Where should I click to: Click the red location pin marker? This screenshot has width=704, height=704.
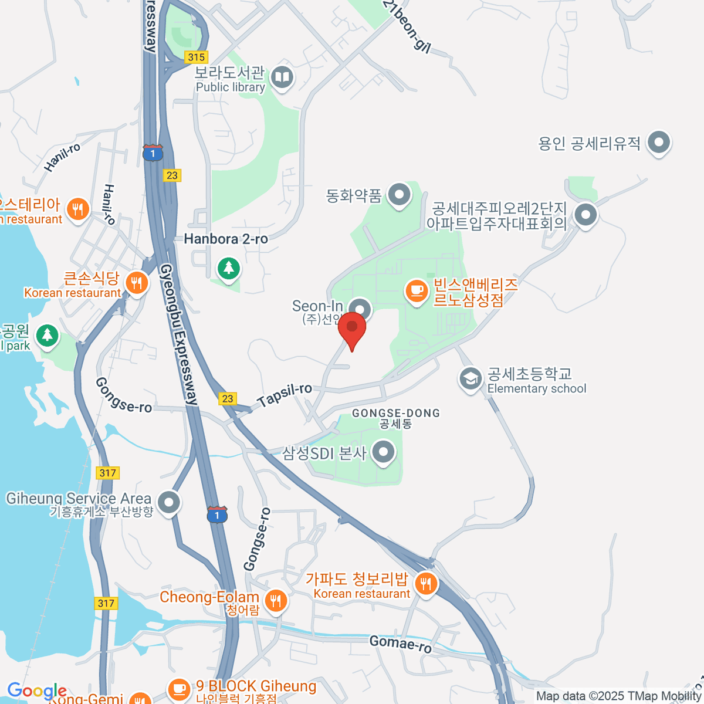(352, 328)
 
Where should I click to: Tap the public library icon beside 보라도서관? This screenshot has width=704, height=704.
(282, 77)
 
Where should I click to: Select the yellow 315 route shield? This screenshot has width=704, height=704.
(196, 57)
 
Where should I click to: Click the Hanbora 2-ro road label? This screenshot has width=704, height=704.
(226, 239)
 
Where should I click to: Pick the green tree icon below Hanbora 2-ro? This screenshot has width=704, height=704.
(228, 269)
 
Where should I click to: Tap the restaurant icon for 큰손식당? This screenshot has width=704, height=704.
(136, 283)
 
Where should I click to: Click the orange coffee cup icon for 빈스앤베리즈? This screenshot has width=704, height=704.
(417, 290)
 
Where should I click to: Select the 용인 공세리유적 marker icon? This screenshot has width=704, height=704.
(659, 142)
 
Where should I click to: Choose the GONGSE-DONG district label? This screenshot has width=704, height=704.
(395, 413)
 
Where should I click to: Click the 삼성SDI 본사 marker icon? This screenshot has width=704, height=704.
(384, 452)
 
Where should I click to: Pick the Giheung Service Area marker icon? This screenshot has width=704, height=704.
(169, 502)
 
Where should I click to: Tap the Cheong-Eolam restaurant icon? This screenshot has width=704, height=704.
(275, 600)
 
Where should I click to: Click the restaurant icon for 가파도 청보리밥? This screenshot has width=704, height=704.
(425, 583)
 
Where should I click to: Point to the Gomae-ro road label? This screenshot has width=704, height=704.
(401, 644)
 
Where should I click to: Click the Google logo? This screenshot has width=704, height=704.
(36, 691)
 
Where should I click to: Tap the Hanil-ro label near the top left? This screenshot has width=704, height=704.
(62, 157)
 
